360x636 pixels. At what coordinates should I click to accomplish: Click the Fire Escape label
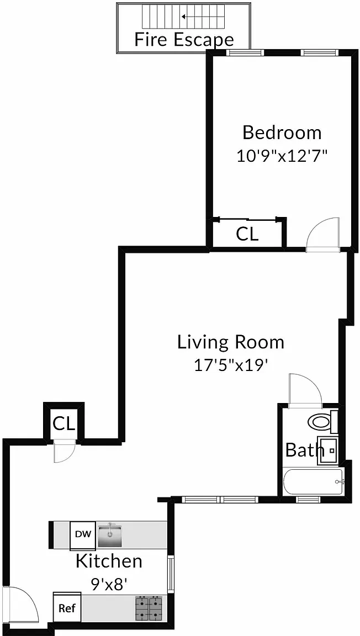coord(184,40)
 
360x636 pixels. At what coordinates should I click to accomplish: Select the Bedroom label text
coord(282,132)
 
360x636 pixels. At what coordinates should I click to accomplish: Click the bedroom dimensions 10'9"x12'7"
coord(282,155)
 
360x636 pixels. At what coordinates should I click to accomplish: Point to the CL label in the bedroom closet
coord(247,234)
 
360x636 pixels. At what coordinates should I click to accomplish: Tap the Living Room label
coord(231,343)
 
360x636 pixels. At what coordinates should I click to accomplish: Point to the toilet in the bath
coord(322,422)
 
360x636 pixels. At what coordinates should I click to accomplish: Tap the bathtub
coord(313,481)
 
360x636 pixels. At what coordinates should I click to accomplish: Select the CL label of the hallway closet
coord(63,424)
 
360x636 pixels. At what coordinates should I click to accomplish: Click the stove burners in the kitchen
coord(149,609)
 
